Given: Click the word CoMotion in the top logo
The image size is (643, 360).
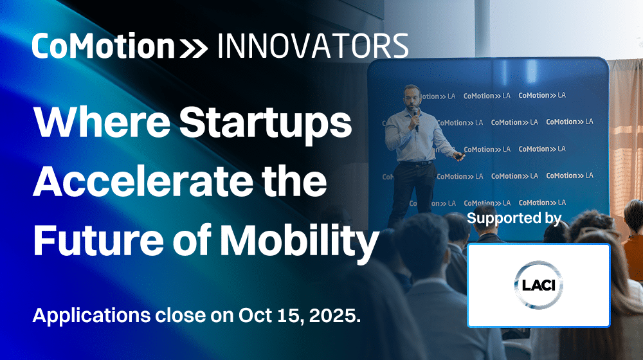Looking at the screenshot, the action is (x=104, y=46).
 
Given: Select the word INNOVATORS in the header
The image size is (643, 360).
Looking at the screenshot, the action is (x=312, y=46).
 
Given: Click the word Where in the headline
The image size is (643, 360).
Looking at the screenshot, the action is (x=102, y=122).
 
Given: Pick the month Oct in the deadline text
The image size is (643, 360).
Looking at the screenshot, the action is (x=256, y=315).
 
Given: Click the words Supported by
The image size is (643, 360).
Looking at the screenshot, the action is (x=514, y=219).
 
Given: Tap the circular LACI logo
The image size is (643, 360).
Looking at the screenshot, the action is (x=538, y=285).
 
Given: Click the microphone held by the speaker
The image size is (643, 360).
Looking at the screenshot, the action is (x=416, y=119).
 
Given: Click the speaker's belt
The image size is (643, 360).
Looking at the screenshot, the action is (x=416, y=163).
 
